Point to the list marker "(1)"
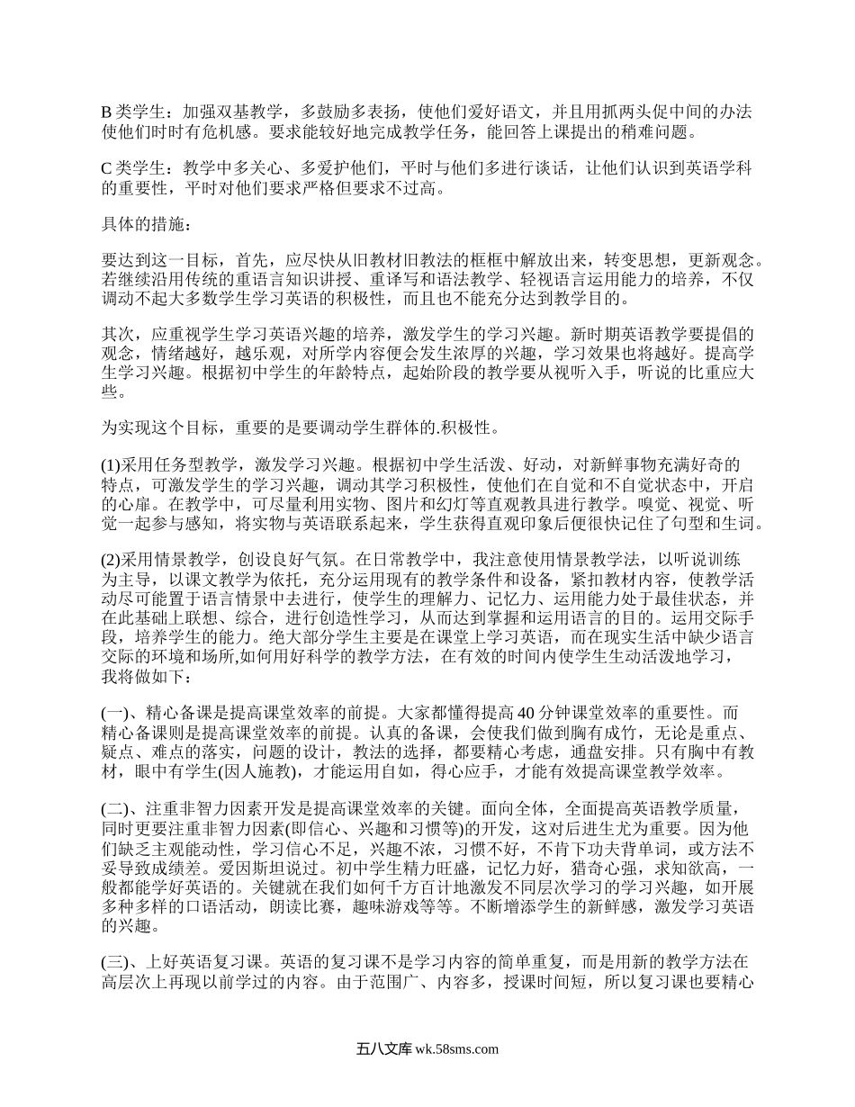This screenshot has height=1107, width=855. (x=110, y=465)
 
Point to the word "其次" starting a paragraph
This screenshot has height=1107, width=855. (x=118, y=335)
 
